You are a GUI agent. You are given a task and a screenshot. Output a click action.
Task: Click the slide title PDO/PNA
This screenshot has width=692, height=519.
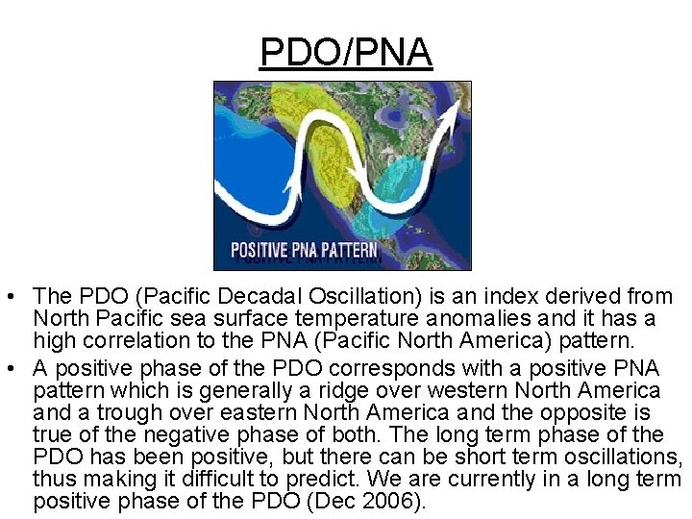346,52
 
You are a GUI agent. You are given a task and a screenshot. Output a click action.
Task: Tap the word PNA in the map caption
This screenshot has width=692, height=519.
306,252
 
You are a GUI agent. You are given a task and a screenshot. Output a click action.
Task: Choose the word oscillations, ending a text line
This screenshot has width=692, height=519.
624,457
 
